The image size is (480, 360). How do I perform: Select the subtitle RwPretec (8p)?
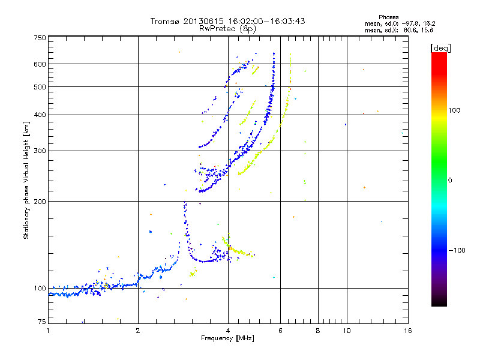227,28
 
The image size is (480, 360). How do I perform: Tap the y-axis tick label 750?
40,38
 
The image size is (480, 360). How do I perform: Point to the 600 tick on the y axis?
40,64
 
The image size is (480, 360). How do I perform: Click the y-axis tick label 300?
40,151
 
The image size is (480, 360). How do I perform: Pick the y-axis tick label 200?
40,202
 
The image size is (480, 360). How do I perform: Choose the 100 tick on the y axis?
40,289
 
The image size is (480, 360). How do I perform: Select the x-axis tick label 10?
346,331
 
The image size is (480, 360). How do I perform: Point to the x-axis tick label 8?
318,331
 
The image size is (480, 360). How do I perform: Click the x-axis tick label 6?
280,331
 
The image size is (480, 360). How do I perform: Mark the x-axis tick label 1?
48,331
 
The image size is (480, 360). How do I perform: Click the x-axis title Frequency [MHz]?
227,339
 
